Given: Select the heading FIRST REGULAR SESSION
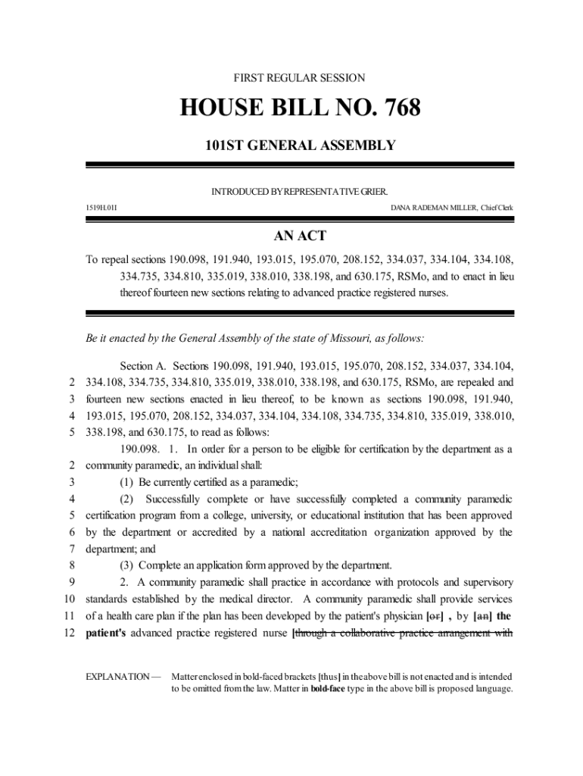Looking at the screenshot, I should (300, 78).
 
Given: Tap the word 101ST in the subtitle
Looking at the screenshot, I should (228, 145).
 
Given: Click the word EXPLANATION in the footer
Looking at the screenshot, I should (118, 675).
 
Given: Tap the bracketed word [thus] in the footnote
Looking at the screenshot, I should (329, 675).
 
